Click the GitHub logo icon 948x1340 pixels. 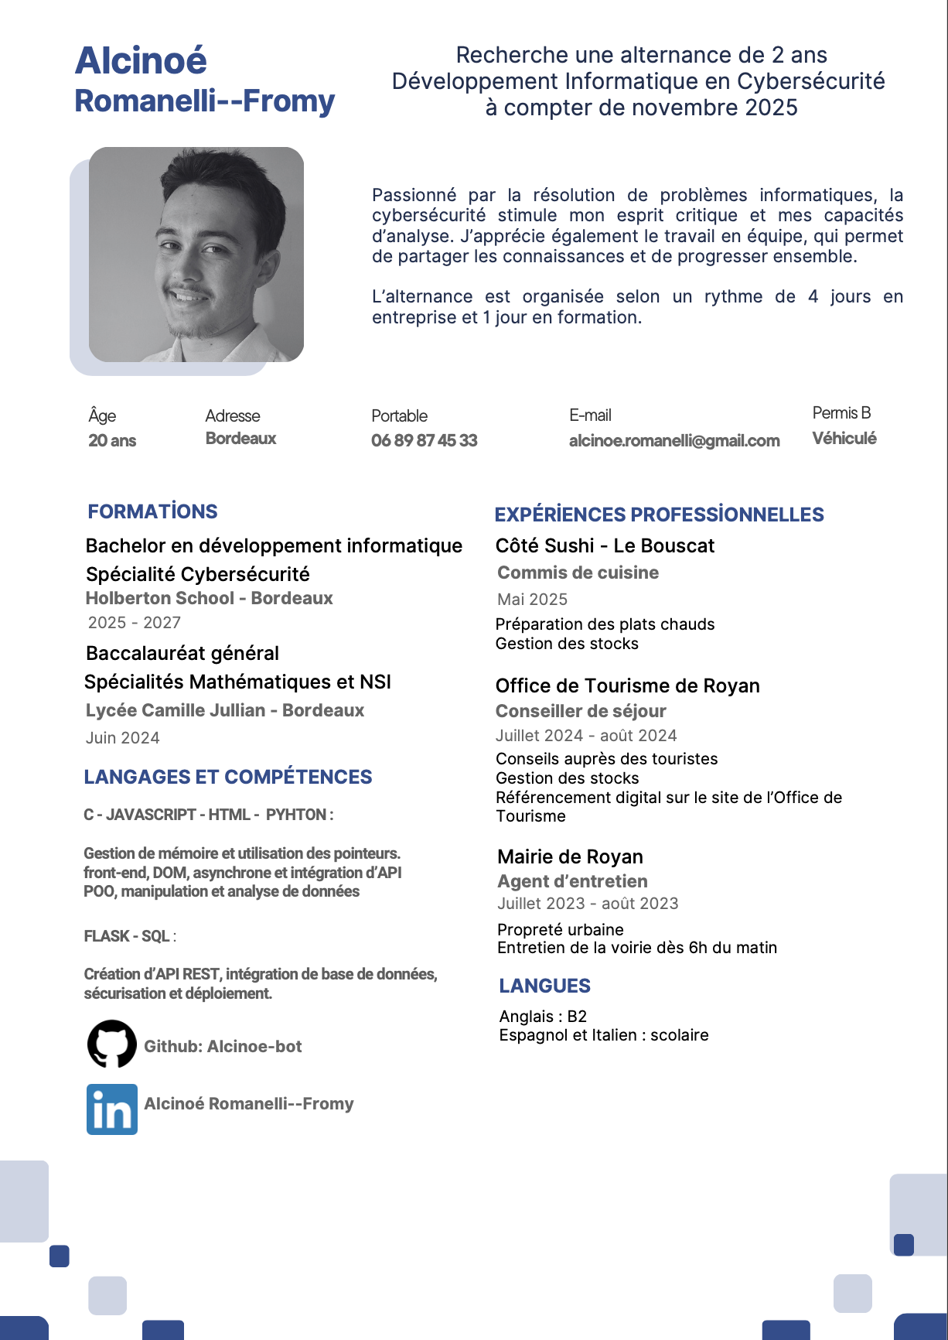coord(112,1044)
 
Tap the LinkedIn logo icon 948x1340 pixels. coord(112,1109)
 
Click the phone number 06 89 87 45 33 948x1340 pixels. coord(424,440)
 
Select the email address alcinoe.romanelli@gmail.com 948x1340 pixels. coord(673,440)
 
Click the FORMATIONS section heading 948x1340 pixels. coord(152,511)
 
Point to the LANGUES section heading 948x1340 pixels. coord(544,986)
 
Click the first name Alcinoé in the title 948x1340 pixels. coord(141,61)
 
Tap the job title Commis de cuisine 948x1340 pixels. coord(578,573)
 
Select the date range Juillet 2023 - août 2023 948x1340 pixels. coord(588,903)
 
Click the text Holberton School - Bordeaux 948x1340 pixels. coord(209,598)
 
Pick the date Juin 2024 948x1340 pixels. coord(122,737)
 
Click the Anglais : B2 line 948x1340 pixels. coord(543,1016)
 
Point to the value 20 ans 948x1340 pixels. coord(112,440)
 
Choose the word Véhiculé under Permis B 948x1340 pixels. coord(844,438)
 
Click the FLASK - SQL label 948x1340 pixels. coord(127,936)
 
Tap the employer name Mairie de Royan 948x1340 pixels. coord(570,856)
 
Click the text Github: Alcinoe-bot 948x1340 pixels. coord(223,1046)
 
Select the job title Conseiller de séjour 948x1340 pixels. coord(580,711)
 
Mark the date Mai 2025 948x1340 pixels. coord(532,599)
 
